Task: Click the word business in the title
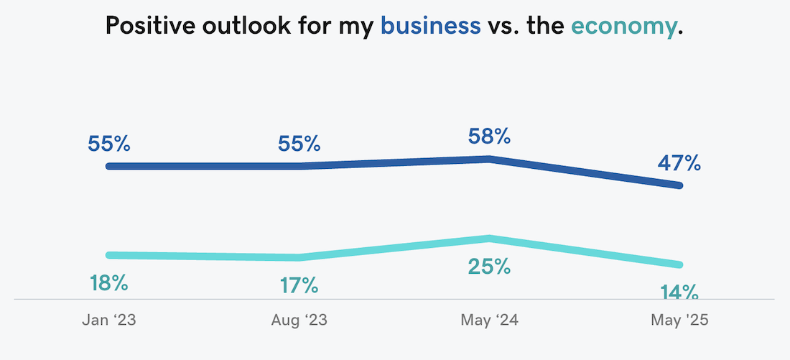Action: pos(430,27)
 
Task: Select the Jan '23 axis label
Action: pos(108,320)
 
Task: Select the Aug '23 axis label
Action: pos(299,320)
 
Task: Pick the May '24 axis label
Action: pos(489,320)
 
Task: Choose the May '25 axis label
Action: pos(679,320)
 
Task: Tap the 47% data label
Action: pos(679,163)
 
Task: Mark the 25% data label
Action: pos(489,267)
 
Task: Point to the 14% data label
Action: pos(679,292)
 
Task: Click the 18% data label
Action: pos(108,283)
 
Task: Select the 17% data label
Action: pos(299,286)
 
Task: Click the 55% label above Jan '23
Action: pos(108,144)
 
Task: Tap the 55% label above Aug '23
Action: pos(299,144)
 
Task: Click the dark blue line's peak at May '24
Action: pos(489,159)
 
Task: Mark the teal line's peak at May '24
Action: pos(489,239)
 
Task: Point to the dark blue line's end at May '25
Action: pos(679,185)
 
